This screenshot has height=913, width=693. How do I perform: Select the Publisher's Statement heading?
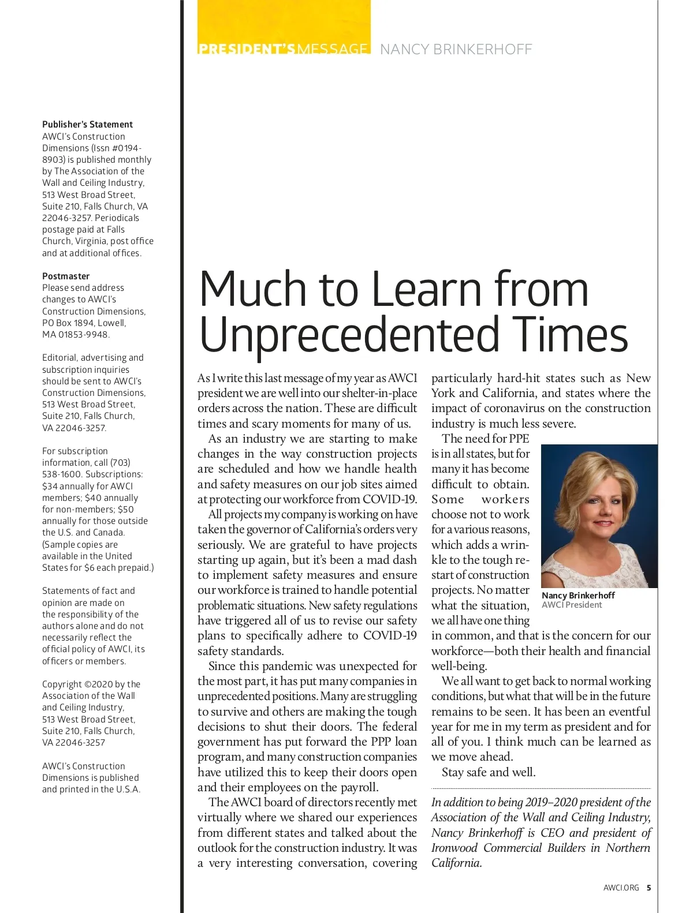click(x=87, y=124)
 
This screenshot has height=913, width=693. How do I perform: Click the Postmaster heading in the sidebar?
click(x=66, y=276)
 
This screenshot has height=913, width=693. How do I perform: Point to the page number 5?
click(x=649, y=888)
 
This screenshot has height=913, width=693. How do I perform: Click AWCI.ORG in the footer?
click(x=621, y=888)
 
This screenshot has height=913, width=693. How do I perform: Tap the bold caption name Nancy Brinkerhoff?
click(x=578, y=595)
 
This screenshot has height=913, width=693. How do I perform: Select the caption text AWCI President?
click(x=572, y=605)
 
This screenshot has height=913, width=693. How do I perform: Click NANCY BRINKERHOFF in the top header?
click(x=456, y=50)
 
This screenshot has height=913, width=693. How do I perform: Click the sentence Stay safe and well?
click(x=489, y=772)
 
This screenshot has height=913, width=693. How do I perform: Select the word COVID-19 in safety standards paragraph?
click(x=390, y=635)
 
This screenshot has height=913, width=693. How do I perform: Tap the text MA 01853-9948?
click(x=76, y=334)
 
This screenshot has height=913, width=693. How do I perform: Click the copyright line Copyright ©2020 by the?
click(x=91, y=684)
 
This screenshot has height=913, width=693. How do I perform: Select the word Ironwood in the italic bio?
click(x=454, y=848)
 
